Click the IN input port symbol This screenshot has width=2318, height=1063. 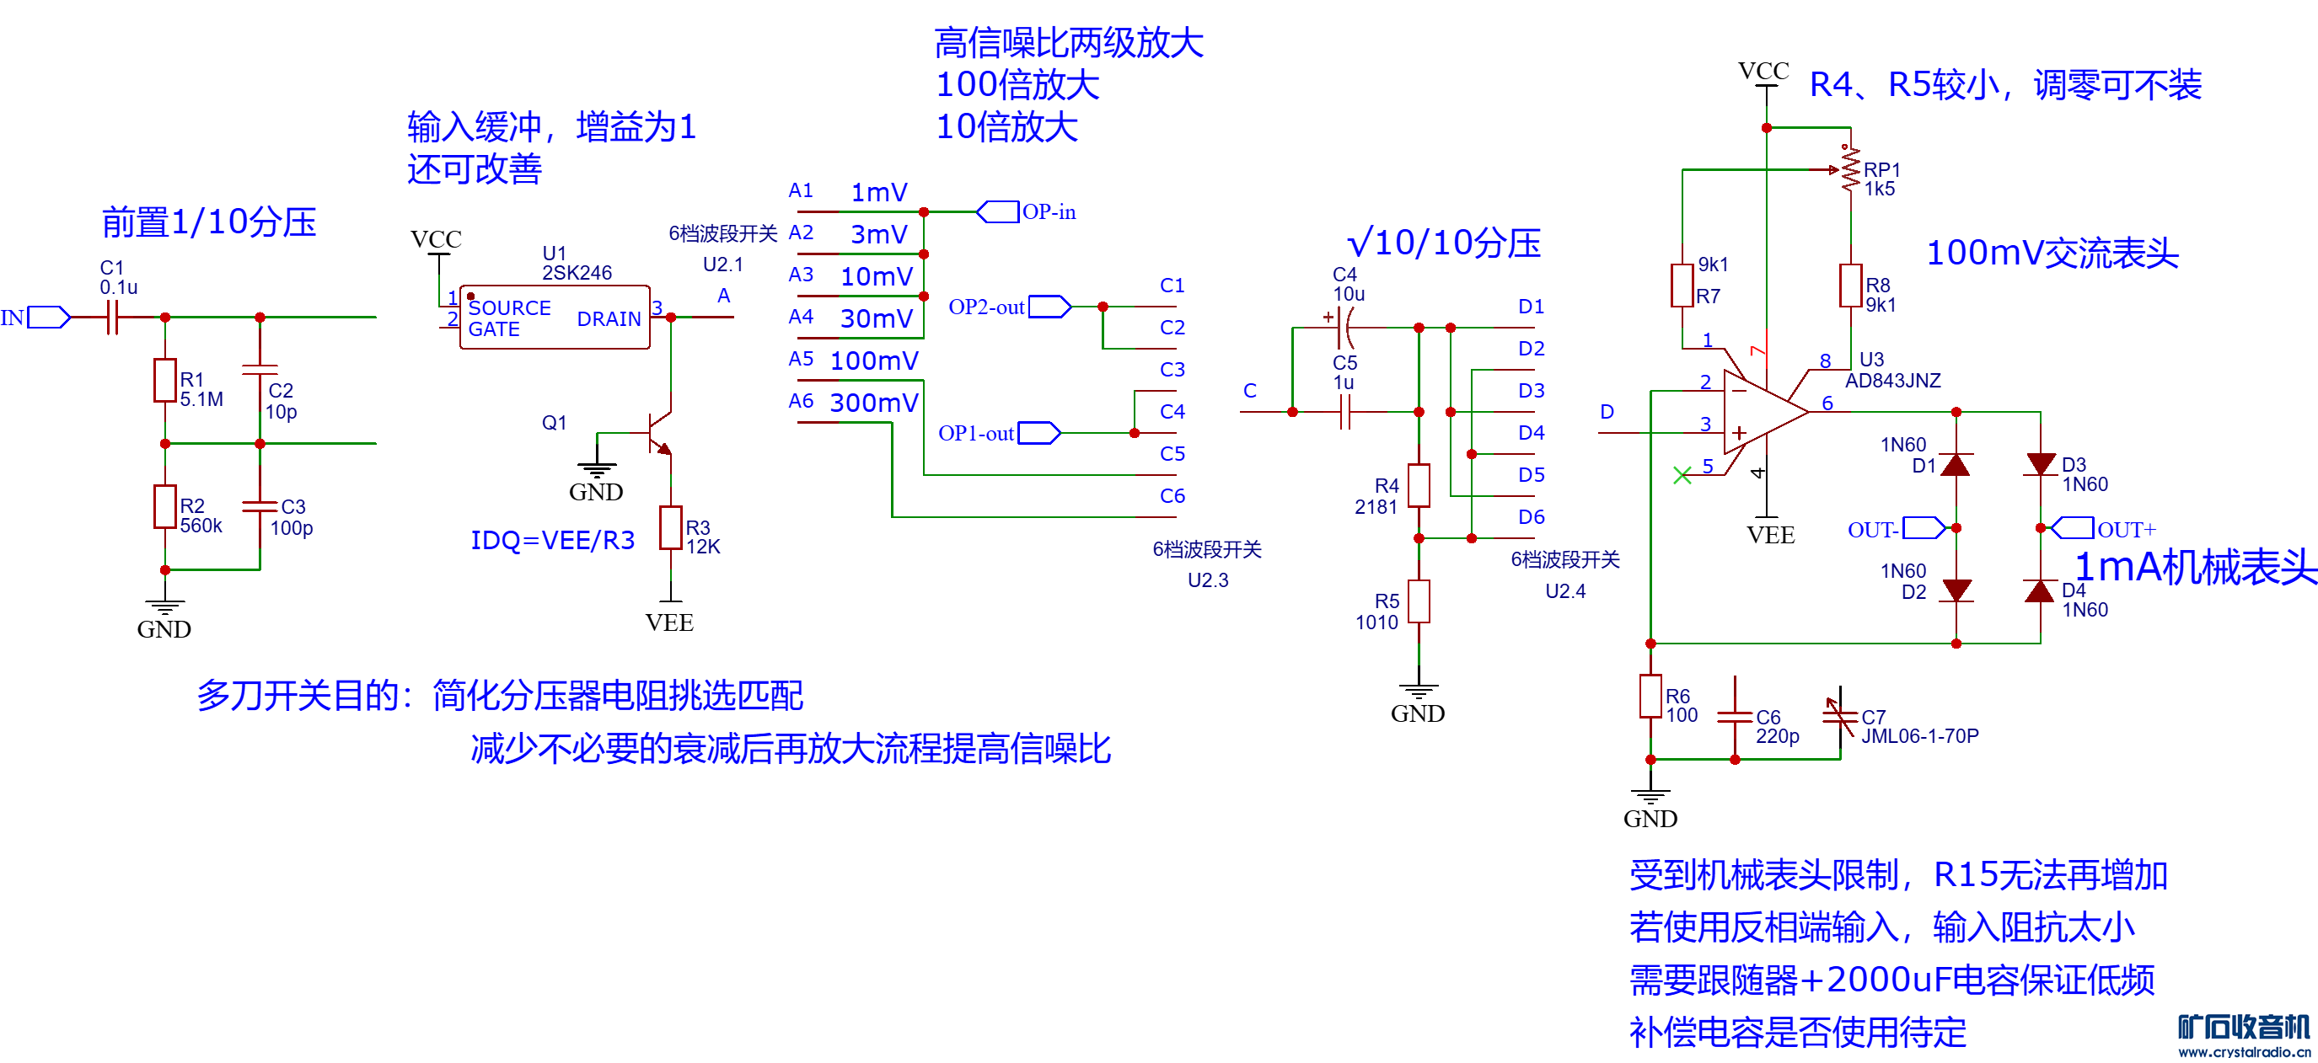point(49,318)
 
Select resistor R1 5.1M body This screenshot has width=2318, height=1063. point(164,381)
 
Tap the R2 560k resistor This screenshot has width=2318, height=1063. point(164,506)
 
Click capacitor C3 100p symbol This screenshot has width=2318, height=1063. point(260,506)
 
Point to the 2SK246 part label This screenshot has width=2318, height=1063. point(577,273)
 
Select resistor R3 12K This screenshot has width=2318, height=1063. point(670,528)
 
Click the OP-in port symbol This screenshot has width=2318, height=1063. point(998,212)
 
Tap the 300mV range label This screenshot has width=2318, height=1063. point(874,403)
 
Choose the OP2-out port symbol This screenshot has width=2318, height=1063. point(1050,307)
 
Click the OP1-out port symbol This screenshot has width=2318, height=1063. point(1039,433)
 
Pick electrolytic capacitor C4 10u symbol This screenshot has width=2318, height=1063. point(1344,328)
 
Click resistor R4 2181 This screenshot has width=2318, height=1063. point(1419,486)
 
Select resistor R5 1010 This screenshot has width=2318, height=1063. point(1419,601)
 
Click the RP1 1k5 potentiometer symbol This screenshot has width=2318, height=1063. point(1850,169)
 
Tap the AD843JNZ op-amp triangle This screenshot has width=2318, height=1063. point(1763,412)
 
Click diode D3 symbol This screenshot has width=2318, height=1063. point(2040,465)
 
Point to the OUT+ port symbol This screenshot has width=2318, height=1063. point(2073,528)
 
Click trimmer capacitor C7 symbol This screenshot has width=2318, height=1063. point(1840,717)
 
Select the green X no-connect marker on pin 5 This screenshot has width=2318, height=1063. point(1682,475)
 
